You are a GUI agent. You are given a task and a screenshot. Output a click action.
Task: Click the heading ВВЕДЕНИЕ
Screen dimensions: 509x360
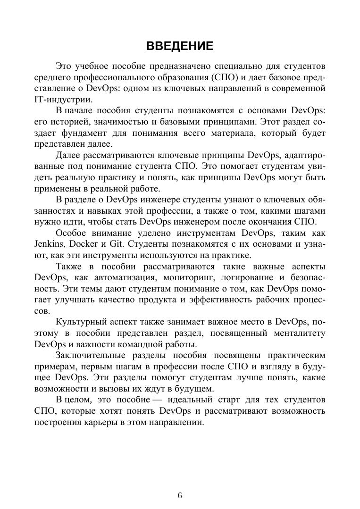pos(180,46)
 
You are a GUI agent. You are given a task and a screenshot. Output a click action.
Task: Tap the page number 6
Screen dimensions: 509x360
pos(180,495)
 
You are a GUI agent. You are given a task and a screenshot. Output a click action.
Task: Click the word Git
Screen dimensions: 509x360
pos(117,244)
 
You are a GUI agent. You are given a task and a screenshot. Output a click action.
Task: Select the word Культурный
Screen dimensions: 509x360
pos(81,322)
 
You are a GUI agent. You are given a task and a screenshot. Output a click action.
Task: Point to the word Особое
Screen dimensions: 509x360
pos(70,233)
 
